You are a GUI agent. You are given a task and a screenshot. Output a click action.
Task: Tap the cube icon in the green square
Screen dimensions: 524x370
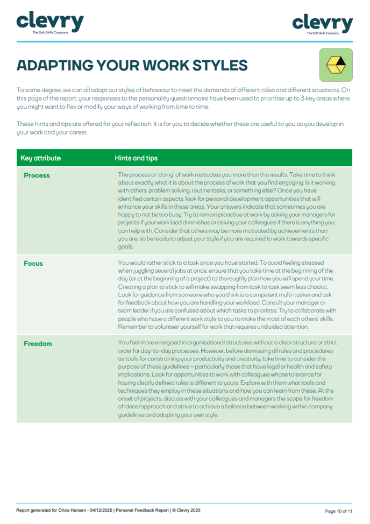[x=336, y=65]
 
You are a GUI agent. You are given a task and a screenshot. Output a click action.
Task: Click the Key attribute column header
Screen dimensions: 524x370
[x=41, y=158]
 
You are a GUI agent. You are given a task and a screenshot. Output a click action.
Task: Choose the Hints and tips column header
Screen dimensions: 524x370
[x=136, y=158]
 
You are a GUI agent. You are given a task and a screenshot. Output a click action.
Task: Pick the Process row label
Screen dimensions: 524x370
[x=37, y=175]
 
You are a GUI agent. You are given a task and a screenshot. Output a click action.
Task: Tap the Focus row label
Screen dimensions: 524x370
[x=33, y=264]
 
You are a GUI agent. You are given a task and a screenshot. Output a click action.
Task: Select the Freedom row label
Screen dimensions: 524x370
[x=38, y=343]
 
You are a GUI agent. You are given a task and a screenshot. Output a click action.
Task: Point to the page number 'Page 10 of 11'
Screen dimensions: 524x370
[x=339, y=511]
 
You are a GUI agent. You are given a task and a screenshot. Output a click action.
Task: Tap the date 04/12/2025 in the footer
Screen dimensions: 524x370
[x=99, y=510]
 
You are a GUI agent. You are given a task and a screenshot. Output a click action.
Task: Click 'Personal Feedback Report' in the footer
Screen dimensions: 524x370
[x=141, y=510]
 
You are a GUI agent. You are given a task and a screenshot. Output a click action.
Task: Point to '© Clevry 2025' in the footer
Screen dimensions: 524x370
[x=186, y=510]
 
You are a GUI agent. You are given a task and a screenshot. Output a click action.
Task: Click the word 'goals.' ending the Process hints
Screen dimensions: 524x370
[x=126, y=247]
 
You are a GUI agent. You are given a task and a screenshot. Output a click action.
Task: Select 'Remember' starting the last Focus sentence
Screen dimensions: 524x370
[x=132, y=327]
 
